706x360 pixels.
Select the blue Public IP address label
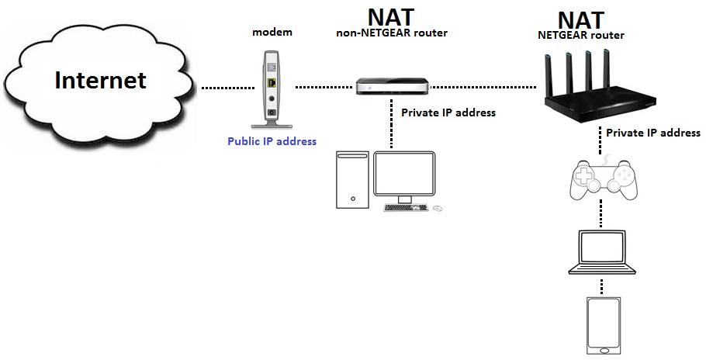(x=272, y=141)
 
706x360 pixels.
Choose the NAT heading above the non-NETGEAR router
(x=391, y=16)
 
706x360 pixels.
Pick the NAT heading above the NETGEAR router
(x=580, y=19)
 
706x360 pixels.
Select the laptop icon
(x=601, y=252)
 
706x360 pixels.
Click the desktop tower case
(x=351, y=178)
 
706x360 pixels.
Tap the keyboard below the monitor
(x=405, y=207)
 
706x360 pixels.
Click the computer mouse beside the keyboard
(x=438, y=208)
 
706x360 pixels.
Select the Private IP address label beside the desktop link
(x=448, y=112)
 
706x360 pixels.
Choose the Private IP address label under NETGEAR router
(x=652, y=133)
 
